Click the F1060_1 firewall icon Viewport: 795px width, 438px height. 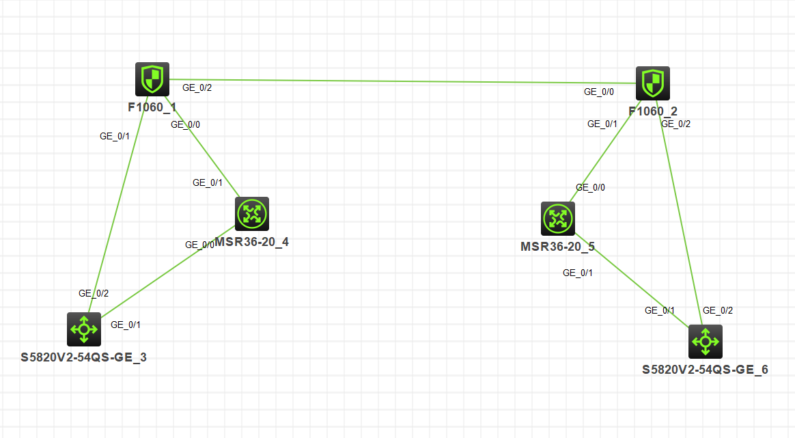coord(152,79)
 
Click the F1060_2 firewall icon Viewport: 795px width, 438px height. coord(652,83)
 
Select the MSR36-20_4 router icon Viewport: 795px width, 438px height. coord(251,214)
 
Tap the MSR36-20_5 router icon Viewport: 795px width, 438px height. coord(557,219)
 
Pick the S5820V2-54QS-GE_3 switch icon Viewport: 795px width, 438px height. coord(84,329)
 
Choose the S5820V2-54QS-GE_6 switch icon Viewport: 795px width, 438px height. coord(705,341)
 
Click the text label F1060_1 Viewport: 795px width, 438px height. coord(152,107)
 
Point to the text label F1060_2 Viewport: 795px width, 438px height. coord(654,111)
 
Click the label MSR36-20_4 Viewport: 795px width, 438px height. coord(252,243)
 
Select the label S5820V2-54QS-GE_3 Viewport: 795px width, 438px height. coord(84,357)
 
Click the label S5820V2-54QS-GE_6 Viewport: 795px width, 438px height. coord(705,370)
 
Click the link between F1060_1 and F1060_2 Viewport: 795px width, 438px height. coord(403,81)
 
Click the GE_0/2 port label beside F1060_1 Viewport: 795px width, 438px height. coord(197,87)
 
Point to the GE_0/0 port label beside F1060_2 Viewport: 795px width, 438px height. coord(599,92)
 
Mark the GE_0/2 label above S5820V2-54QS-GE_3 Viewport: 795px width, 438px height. coord(94,293)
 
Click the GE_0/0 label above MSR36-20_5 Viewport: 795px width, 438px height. coord(590,187)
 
